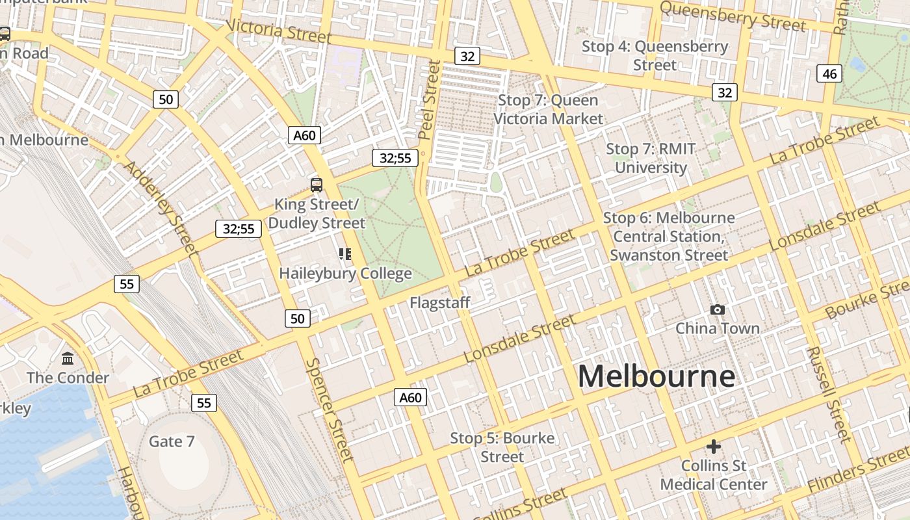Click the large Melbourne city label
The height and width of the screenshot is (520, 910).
656,376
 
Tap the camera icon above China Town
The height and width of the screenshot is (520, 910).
718,309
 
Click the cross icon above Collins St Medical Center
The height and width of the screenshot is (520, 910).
714,447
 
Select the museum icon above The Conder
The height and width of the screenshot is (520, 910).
68,359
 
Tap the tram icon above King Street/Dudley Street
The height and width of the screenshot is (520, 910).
317,185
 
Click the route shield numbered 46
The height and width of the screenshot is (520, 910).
829,73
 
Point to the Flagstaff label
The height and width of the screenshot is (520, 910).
439,303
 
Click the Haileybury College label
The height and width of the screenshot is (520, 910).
345,274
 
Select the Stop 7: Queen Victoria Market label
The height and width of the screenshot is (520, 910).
548,109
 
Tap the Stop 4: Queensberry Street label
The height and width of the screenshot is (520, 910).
655,55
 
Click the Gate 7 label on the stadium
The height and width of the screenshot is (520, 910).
172,441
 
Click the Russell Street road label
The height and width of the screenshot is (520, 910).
829,393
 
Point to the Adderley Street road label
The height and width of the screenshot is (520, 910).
159,206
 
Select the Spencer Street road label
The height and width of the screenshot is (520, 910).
330,409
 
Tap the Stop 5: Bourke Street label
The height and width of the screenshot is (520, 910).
502,447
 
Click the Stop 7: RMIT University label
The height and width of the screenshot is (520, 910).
651,158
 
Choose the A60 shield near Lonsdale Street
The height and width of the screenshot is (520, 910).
410,397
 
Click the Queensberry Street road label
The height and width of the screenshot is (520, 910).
733,16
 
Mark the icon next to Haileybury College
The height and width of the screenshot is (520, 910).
345,254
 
